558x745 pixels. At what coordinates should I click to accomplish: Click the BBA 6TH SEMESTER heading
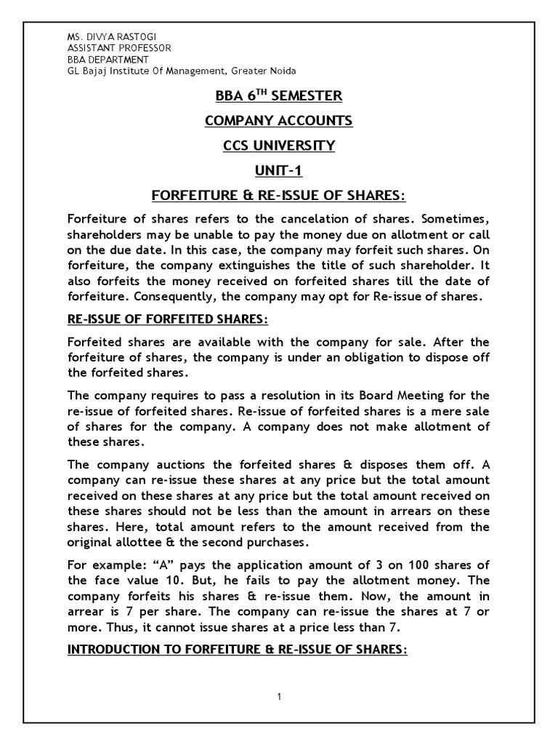(279, 96)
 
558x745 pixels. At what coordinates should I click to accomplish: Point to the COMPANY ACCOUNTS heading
(279, 121)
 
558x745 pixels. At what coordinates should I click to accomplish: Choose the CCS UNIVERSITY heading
(279, 146)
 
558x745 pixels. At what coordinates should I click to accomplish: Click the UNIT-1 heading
(279, 170)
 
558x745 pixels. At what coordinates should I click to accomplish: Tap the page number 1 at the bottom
(279, 697)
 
